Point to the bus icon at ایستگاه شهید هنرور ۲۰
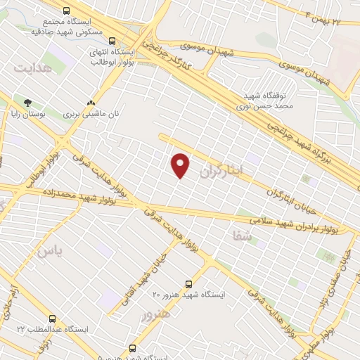[x=188, y=284]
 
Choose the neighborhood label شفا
[x=240, y=237]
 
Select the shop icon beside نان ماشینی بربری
[x=89, y=102]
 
